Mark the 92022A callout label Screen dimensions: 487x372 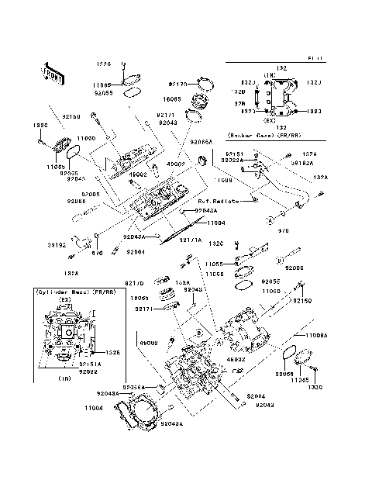[236, 161]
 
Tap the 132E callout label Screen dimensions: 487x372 [112, 352]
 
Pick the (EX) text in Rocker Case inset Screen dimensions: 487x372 [270, 121]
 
